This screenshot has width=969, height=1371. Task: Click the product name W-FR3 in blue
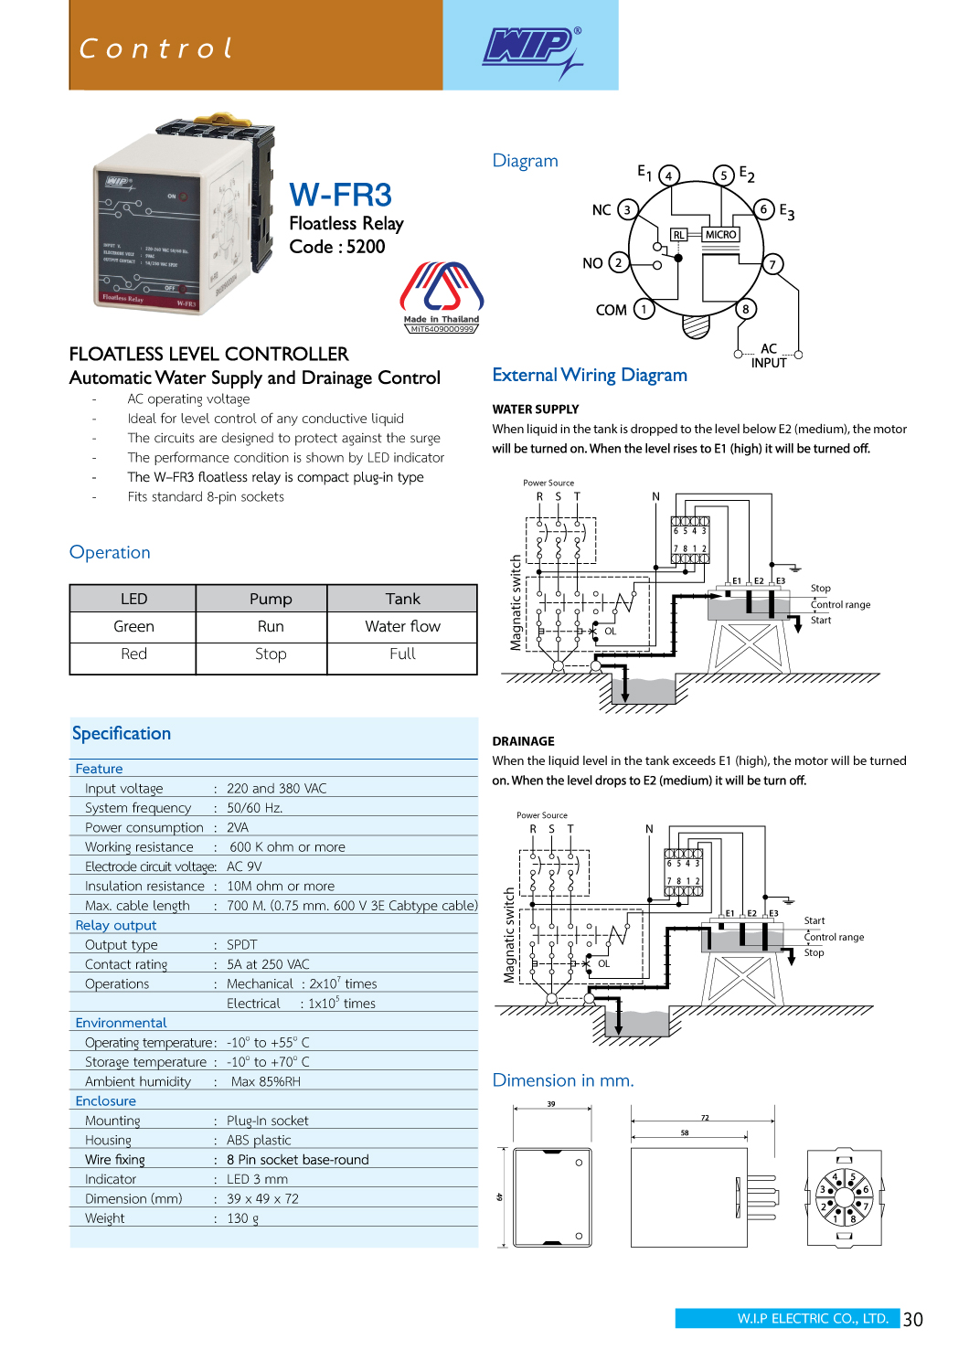click(x=340, y=195)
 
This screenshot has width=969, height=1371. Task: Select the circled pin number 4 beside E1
click(x=669, y=175)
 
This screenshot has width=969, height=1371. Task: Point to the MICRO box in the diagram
click(x=720, y=235)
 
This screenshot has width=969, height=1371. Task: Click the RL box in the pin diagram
click(x=678, y=235)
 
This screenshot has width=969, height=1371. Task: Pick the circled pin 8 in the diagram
click(x=746, y=309)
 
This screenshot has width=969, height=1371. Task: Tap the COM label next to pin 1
click(x=611, y=311)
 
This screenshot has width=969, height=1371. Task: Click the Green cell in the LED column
click(x=133, y=627)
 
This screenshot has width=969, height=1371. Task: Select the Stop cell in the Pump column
click(x=271, y=654)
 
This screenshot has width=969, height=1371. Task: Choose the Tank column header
click(x=402, y=599)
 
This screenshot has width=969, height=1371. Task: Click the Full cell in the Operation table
click(x=402, y=654)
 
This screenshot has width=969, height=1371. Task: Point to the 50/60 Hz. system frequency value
click(x=255, y=808)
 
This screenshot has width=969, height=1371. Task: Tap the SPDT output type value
click(x=242, y=945)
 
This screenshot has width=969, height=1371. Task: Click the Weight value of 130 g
click(x=243, y=1218)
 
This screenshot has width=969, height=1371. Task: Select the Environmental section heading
click(x=121, y=1023)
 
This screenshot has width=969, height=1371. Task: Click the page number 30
click(x=912, y=1319)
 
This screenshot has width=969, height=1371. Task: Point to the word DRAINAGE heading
click(x=523, y=741)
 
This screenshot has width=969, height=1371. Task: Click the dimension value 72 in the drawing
click(x=705, y=1118)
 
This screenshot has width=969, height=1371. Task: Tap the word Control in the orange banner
click(x=156, y=48)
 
